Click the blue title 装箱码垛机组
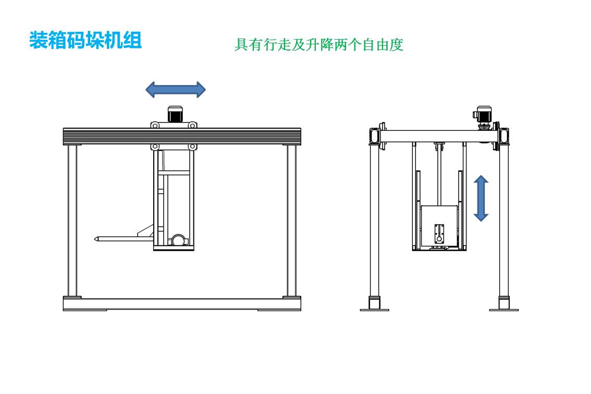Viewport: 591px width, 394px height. pyautogui.click(x=85, y=41)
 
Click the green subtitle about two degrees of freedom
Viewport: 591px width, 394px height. pyautogui.click(x=319, y=45)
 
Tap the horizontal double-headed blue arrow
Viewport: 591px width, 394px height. pyautogui.click(x=175, y=90)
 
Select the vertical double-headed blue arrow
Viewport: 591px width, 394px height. pyautogui.click(x=481, y=198)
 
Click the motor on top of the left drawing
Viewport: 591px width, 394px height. pyautogui.click(x=174, y=114)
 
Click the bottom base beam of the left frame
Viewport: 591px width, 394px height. pyautogui.click(x=181, y=304)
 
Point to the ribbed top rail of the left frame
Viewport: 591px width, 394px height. pyautogui.click(x=181, y=136)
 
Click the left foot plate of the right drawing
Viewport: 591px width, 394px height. pyautogui.click(x=374, y=310)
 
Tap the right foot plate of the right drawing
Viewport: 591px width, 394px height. pyautogui.click(x=503, y=310)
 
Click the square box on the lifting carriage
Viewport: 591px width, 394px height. pyautogui.click(x=439, y=225)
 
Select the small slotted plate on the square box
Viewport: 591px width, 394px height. pyautogui.click(x=440, y=233)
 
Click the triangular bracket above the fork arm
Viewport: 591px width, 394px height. pyautogui.click(x=146, y=231)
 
